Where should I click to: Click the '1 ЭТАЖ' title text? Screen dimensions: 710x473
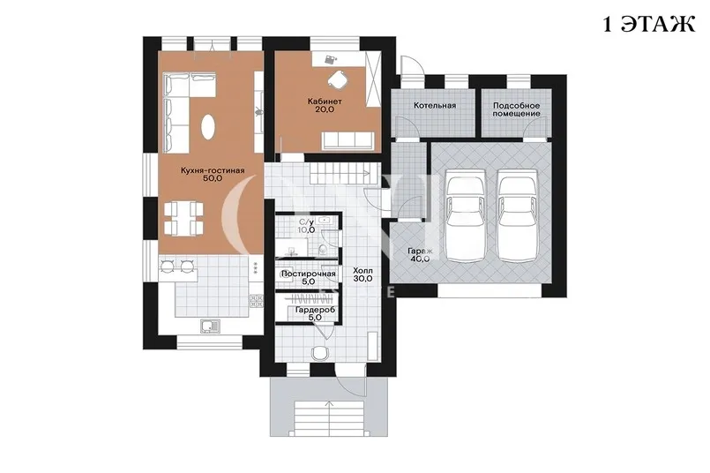coord(649,24)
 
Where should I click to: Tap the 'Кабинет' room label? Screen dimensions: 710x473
coord(325,101)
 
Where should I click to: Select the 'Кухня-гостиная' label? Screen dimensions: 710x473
coord(213,170)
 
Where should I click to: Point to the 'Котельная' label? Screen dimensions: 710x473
coord(435,106)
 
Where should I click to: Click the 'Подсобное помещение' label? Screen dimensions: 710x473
coord(516,109)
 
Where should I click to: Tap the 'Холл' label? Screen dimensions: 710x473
coord(362,271)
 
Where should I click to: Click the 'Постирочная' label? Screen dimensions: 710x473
coord(309,274)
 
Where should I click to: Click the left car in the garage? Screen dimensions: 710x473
coord(466,215)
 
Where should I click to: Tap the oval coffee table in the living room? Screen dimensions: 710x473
coord(209,126)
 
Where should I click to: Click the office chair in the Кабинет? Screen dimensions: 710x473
coord(337,80)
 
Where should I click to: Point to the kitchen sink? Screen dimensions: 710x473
coord(210,326)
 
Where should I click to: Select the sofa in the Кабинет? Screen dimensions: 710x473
coord(348,141)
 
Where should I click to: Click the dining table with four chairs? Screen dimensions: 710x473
coord(183,218)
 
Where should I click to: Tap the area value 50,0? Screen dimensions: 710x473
coord(213,178)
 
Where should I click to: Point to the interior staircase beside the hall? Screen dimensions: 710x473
coord(344,173)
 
